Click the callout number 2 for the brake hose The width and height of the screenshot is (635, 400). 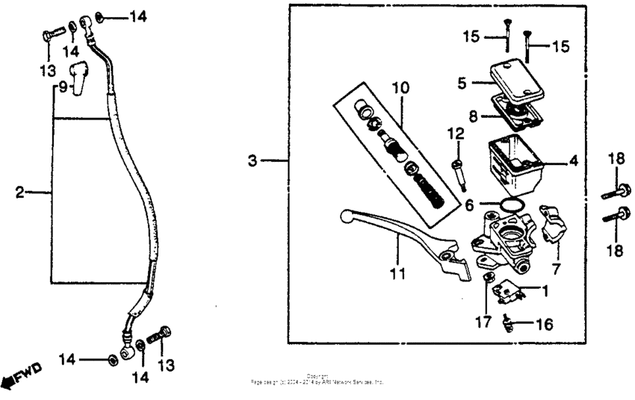tap(20, 193)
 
